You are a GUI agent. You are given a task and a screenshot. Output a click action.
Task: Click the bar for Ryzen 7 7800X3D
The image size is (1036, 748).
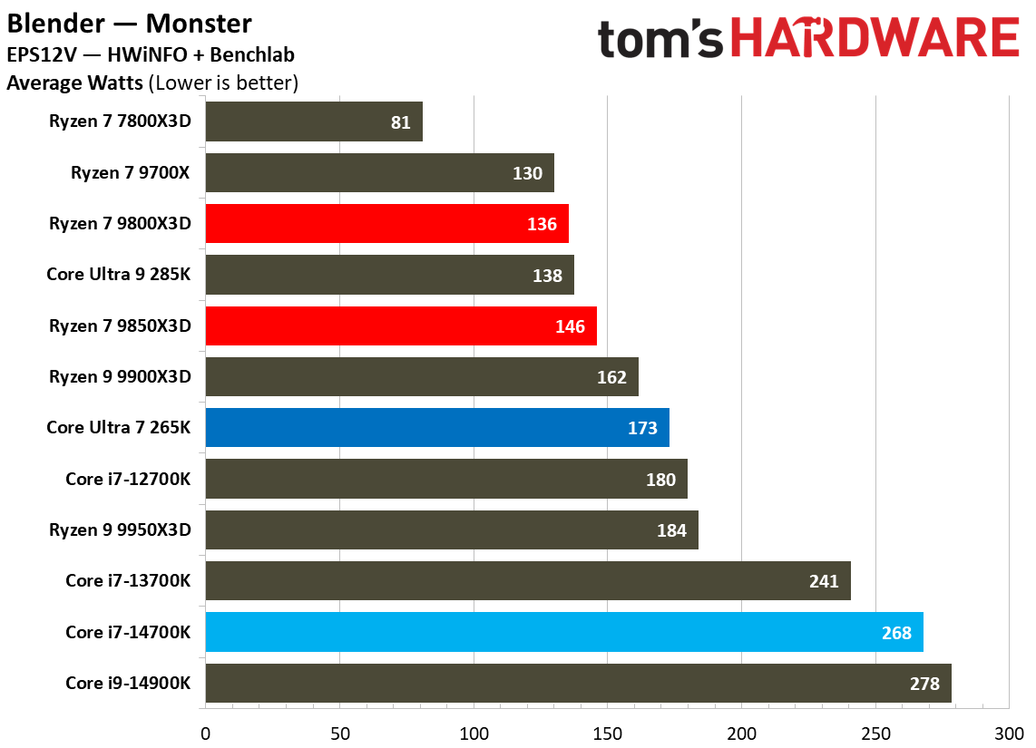(x=314, y=121)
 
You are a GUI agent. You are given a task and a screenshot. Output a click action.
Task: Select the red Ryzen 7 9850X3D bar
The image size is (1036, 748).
(x=399, y=325)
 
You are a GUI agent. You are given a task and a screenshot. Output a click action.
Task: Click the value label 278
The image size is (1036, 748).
(x=924, y=684)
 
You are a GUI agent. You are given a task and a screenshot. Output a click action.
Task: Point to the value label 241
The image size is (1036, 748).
(x=824, y=581)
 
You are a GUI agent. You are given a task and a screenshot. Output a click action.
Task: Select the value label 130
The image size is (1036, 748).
(x=527, y=173)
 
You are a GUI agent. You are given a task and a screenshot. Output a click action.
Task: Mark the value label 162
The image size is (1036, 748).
(x=611, y=377)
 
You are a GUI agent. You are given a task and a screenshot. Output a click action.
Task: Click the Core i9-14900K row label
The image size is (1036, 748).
(x=128, y=683)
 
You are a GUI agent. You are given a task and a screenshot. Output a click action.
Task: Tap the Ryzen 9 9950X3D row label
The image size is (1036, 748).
(x=120, y=529)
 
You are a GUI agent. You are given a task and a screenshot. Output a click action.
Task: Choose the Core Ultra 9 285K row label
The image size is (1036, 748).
(x=119, y=275)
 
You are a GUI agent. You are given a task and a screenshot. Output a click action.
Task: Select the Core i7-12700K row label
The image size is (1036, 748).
(x=128, y=479)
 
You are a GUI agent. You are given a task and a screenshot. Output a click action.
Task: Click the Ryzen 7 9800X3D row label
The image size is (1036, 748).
(x=120, y=223)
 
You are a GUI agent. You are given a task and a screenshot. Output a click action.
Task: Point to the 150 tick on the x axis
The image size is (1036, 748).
(x=608, y=732)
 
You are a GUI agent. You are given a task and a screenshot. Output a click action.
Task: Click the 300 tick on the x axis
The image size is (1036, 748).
(x=1010, y=732)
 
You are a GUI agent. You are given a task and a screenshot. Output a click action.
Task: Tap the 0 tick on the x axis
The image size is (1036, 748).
(x=206, y=732)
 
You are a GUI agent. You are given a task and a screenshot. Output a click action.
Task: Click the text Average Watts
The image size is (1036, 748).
(x=74, y=84)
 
